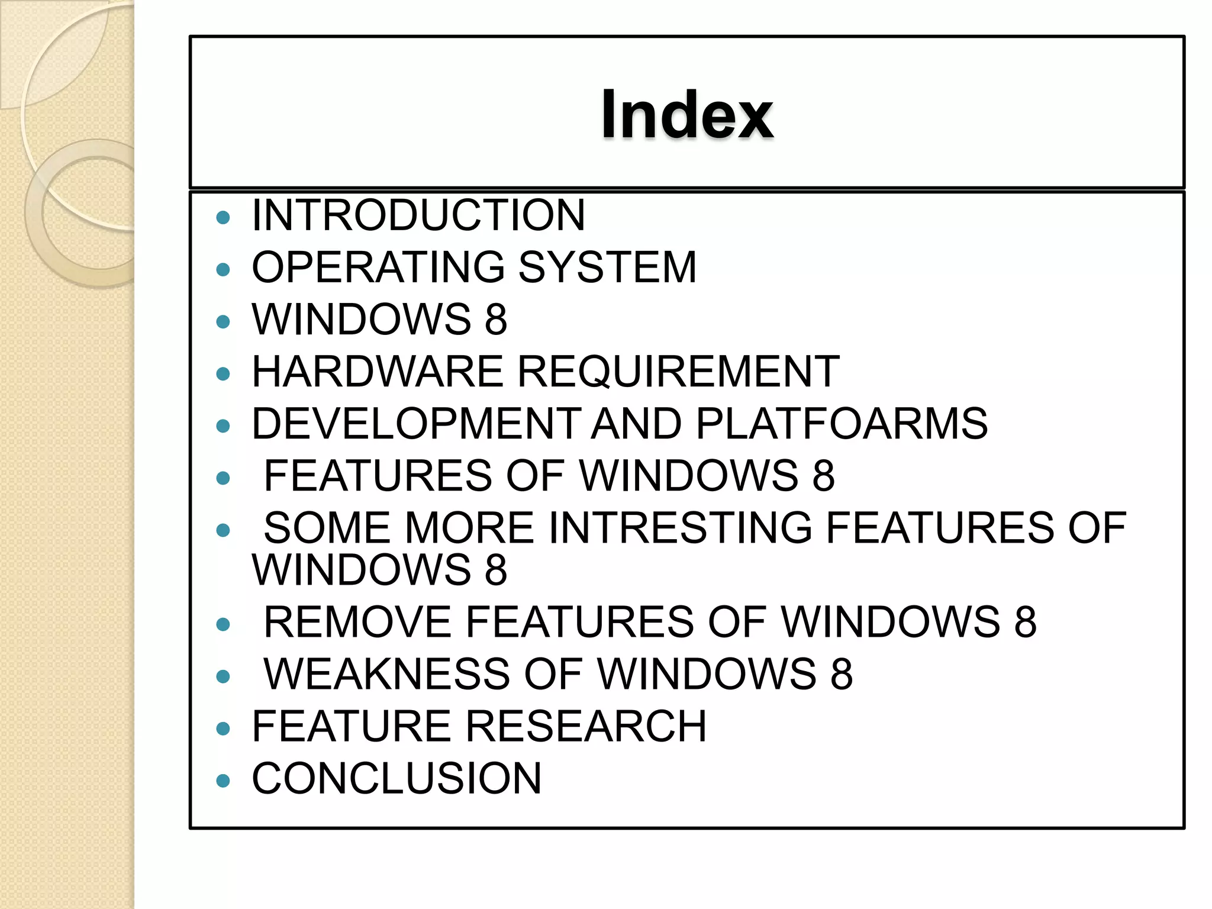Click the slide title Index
click(x=687, y=114)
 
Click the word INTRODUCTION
click(x=418, y=215)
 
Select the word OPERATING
click(x=378, y=267)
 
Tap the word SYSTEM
click(x=607, y=267)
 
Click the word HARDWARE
click(x=378, y=372)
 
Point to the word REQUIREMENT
click(x=679, y=372)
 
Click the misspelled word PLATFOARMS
click(x=842, y=424)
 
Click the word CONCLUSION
click(x=397, y=778)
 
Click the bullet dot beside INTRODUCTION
click(x=223, y=218)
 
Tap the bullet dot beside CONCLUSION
click(x=223, y=781)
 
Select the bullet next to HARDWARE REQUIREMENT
click(x=223, y=374)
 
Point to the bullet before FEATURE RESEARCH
click(x=223, y=729)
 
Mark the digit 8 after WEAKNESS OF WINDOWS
click(x=842, y=674)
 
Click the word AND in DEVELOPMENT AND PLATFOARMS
click(x=637, y=424)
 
